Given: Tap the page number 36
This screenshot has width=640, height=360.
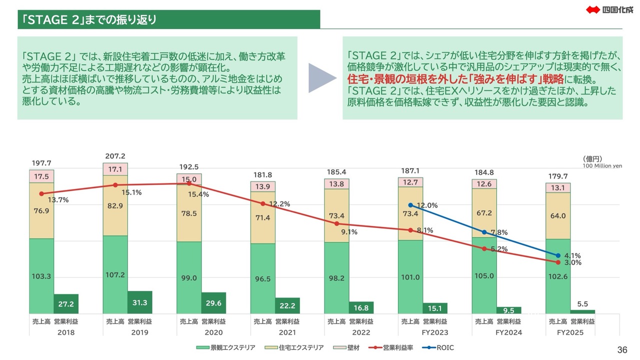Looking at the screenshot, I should pyautogui.click(x=622, y=349).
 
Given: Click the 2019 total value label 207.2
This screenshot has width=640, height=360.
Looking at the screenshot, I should pyautogui.click(x=115, y=155).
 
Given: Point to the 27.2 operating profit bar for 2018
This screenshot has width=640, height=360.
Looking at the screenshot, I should pyautogui.click(x=66, y=303).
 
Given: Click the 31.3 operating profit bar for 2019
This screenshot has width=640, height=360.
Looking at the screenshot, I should pyautogui.click(x=139, y=302).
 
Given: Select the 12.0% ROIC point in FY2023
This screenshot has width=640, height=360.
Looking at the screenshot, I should pyautogui.click(x=410, y=205).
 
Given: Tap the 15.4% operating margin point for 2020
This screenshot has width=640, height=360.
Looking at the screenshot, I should pyautogui.click(x=189, y=183).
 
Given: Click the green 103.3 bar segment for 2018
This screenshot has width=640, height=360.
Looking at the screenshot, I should pyautogui.click(x=41, y=276).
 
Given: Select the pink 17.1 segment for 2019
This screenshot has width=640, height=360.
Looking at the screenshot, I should pyautogui.click(x=115, y=169).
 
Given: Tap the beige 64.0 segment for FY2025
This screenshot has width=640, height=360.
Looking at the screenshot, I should pyautogui.click(x=558, y=216).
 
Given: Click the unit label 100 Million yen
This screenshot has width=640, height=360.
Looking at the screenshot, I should pyautogui.click(x=602, y=166).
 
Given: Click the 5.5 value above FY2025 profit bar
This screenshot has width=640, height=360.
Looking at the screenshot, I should pyautogui.click(x=582, y=303).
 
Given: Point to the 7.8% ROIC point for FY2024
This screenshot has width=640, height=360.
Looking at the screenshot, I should pyautogui.click(x=484, y=232).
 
